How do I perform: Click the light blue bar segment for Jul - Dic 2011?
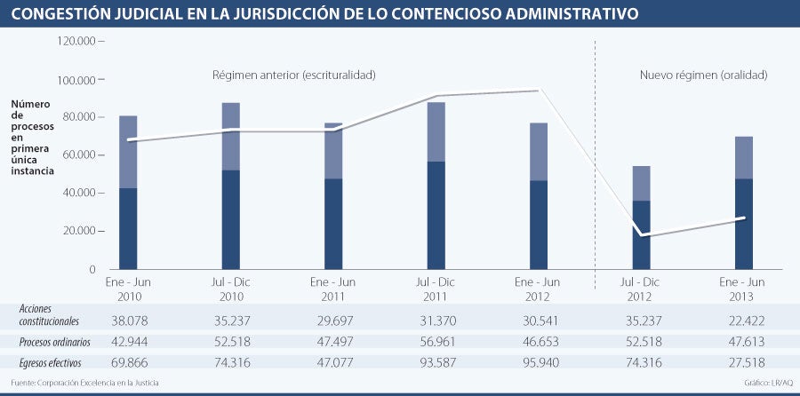coord(436,131)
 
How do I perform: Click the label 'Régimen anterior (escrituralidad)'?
coord(293,75)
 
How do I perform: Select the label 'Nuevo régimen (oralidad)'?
coord(703,75)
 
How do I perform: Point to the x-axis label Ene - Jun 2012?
coord(539,289)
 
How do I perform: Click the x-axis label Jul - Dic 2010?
coord(231,289)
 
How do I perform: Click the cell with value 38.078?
coord(128,319)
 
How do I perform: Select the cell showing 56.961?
coord(436,341)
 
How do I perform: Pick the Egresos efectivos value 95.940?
coord(539,362)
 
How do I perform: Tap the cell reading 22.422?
coord(744,319)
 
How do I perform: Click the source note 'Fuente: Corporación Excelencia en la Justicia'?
coord(85,383)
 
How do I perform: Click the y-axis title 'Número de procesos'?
coord(34,138)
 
